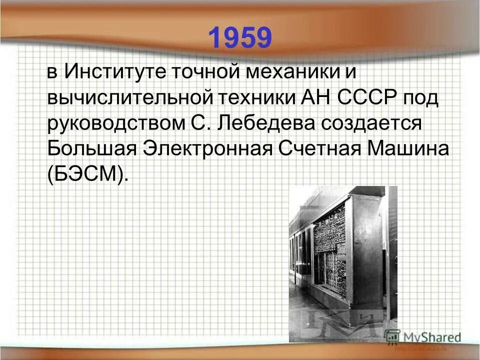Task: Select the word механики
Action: [286, 71]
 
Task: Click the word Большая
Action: [91, 149]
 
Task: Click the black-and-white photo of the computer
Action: [343, 260]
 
